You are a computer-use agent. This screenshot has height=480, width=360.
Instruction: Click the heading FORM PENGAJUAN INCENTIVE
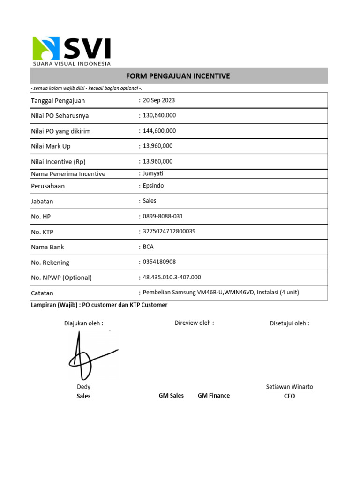click(179, 76)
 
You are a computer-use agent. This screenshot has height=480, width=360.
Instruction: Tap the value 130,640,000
click(159, 115)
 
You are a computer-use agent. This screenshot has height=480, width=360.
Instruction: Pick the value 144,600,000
click(159, 131)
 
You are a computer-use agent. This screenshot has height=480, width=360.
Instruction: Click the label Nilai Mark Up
click(51, 146)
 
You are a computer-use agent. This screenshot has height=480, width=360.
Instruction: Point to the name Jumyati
click(153, 173)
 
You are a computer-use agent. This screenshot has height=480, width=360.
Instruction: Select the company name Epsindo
click(153, 186)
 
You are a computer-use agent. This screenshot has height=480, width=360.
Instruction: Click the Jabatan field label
click(42, 202)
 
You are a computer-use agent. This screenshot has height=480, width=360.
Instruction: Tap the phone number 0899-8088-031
click(163, 216)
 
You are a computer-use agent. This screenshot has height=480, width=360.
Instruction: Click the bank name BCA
click(148, 247)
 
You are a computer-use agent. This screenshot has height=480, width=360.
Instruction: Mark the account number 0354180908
click(159, 262)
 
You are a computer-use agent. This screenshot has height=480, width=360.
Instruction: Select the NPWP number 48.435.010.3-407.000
click(172, 277)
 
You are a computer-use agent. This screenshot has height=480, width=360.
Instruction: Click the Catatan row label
click(42, 293)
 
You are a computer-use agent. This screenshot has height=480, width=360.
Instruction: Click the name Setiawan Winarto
click(289, 387)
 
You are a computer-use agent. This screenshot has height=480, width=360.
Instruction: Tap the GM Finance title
click(214, 396)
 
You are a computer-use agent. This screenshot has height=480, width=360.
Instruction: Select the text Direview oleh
click(194, 322)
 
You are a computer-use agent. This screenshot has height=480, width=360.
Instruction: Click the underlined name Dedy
click(83, 387)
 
